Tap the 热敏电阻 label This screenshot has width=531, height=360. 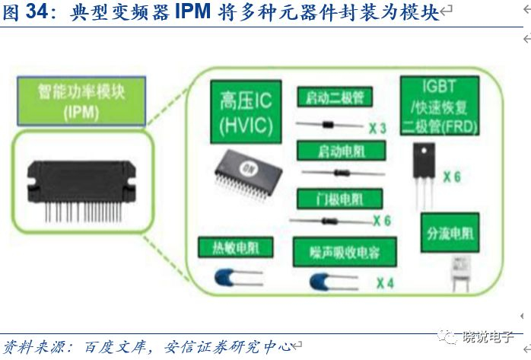(230, 248)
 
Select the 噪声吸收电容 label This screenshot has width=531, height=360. (335, 250)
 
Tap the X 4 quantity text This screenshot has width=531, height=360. (385, 284)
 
